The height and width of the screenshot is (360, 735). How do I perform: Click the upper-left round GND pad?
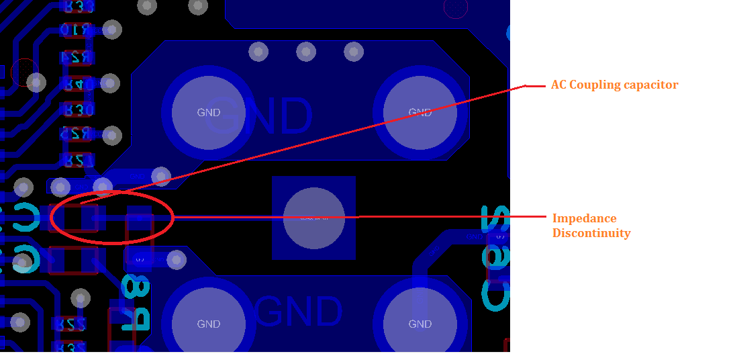pos(208,112)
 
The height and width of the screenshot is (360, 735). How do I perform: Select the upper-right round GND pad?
pos(420,112)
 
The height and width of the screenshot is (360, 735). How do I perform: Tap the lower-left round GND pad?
pos(208,324)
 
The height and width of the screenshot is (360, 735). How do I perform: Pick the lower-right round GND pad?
pos(420,324)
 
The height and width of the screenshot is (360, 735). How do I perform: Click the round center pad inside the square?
pos(313,218)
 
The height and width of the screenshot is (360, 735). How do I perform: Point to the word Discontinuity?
pos(591,233)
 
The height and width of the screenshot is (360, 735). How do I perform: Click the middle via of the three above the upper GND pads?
pos(306,51)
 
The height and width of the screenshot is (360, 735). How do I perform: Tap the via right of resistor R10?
pos(111,30)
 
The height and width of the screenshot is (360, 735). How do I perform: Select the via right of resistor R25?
pos(111,135)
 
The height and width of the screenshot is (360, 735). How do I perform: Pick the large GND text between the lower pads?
pos(298,312)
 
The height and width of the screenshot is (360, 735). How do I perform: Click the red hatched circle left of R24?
pos(25,71)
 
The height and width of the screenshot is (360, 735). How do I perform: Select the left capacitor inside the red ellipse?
pos(75,217)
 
